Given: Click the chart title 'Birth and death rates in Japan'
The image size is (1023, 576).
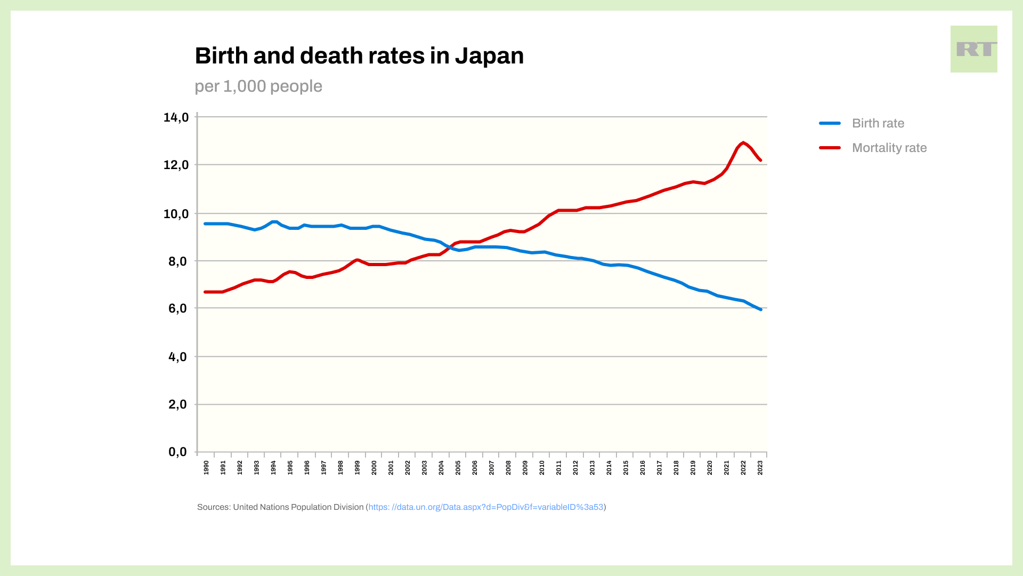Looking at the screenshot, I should tap(359, 56).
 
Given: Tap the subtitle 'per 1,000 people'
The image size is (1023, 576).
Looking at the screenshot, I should tap(258, 86).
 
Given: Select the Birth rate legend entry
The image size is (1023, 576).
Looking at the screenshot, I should tap(878, 123).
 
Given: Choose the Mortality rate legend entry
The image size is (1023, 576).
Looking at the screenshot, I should tap(889, 148).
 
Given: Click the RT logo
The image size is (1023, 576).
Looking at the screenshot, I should tap(973, 49).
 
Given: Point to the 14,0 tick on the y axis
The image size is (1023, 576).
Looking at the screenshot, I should tap(176, 117).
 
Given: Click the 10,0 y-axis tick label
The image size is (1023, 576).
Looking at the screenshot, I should tap(176, 214).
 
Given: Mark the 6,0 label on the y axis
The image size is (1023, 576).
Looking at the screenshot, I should tap(177, 308).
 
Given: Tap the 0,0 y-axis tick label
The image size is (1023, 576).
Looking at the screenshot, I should tap(177, 452).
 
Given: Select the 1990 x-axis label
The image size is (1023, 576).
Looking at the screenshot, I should tap(206, 468).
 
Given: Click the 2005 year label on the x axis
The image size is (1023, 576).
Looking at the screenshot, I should tap(458, 468).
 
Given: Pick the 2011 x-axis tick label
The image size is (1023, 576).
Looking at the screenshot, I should tap(559, 468).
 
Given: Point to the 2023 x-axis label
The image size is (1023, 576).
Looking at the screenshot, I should tap(760, 468).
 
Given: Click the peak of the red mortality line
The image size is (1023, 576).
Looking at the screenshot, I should tap(743, 143).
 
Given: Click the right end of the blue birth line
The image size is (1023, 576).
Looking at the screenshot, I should tap(760, 309).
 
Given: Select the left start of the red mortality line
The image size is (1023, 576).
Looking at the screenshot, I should tap(206, 292).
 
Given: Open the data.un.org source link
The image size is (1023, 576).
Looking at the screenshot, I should tap(485, 507).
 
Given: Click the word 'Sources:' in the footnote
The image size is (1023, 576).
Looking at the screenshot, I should tap(214, 507).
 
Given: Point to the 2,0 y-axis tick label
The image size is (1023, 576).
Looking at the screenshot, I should tap(177, 404).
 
